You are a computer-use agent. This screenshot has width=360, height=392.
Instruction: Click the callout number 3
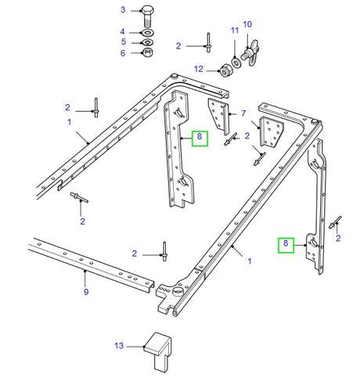(122, 9)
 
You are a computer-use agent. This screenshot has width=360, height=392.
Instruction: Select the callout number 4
(122, 31)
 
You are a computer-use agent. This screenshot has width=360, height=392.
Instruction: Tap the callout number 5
(122, 41)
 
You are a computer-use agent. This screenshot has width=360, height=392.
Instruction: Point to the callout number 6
(122, 52)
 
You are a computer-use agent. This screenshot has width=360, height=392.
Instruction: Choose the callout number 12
(198, 69)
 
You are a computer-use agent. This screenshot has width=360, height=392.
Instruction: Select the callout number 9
(85, 293)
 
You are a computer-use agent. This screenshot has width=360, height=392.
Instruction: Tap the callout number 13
(119, 344)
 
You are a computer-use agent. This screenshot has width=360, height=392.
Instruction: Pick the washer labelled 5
(148, 41)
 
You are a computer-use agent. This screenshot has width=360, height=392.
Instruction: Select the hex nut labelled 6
(148, 53)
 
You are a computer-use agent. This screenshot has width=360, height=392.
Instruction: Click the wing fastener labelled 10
(250, 53)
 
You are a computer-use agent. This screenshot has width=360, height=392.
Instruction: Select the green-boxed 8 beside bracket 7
(200, 138)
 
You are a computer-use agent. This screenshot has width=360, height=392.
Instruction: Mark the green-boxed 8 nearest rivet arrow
(287, 244)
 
